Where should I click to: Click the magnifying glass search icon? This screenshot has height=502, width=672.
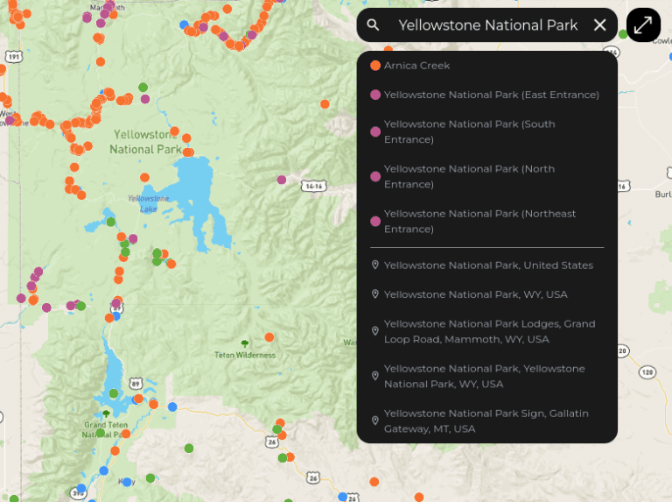click(374, 25)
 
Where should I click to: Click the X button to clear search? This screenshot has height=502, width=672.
click(600, 25)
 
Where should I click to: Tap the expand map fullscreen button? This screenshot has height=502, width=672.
click(643, 25)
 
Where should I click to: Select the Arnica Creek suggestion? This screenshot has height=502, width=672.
click(416, 66)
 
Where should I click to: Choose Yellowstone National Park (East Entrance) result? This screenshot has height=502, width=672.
click(491, 95)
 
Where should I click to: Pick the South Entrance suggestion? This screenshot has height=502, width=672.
click(469, 131)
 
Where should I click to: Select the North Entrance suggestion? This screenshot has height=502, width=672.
click(469, 176)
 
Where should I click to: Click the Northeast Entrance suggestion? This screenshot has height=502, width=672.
click(479, 221)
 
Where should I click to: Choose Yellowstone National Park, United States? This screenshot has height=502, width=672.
click(487, 265)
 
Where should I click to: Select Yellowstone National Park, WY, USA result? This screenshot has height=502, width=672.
click(475, 294)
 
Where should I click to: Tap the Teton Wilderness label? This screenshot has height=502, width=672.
click(245, 355)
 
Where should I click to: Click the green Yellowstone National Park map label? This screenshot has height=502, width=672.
click(145, 142)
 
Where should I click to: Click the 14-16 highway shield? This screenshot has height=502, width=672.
click(312, 187)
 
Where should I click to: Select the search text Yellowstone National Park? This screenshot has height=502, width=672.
click(487, 25)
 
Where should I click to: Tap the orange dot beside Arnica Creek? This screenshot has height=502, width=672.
click(375, 66)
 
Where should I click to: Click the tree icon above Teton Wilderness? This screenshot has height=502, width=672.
click(244, 343)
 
